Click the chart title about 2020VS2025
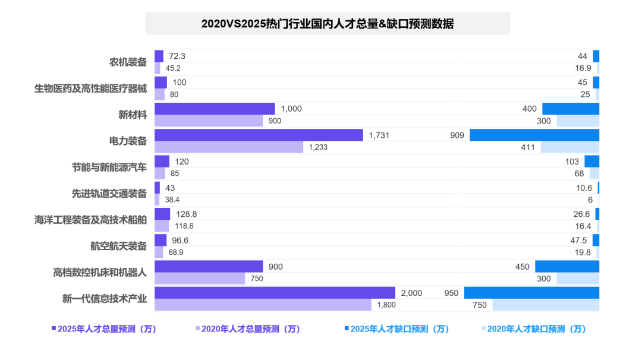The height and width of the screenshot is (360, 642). (x=328, y=24)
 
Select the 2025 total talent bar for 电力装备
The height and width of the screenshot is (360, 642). (x=259, y=135)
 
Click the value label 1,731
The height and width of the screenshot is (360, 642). (x=379, y=135)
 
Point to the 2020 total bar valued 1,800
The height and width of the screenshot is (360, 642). (x=263, y=305)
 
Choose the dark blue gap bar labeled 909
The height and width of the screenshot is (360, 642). (x=534, y=135)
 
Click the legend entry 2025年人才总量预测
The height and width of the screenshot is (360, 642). (x=103, y=329)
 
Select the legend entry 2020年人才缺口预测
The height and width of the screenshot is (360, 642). (x=533, y=329)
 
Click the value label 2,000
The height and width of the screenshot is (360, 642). (x=411, y=293)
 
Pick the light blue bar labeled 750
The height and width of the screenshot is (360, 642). (x=545, y=305)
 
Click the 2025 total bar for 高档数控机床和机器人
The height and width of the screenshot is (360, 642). (x=209, y=267)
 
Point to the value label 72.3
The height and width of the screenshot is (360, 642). (x=177, y=56)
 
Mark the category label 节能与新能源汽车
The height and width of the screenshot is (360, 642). (x=109, y=168)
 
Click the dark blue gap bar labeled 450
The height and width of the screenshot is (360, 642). (x=567, y=267)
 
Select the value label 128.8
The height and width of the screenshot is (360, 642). (x=187, y=214)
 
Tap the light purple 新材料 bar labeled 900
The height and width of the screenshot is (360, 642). (x=209, y=121)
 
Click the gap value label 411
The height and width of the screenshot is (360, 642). (x=528, y=147)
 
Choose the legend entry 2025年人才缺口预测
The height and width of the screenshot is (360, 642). (x=396, y=329)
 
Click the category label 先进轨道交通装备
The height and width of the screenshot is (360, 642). (x=109, y=194)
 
